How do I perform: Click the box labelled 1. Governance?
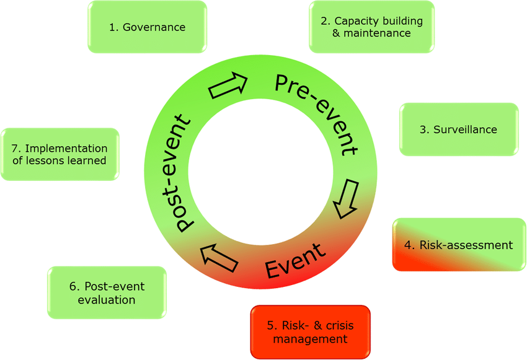click(147, 27)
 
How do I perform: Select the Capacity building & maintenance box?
click(371, 27)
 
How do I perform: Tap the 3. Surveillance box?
click(458, 129)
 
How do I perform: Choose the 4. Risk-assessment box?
click(458, 244)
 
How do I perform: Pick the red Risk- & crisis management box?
click(310, 331)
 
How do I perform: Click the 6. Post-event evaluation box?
click(107, 293)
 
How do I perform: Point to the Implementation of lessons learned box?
click(60, 154)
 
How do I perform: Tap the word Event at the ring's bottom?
click(294, 260)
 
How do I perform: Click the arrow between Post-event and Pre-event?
click(228, 86)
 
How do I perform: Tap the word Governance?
click(154, 27)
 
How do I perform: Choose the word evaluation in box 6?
click(107, 300)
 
